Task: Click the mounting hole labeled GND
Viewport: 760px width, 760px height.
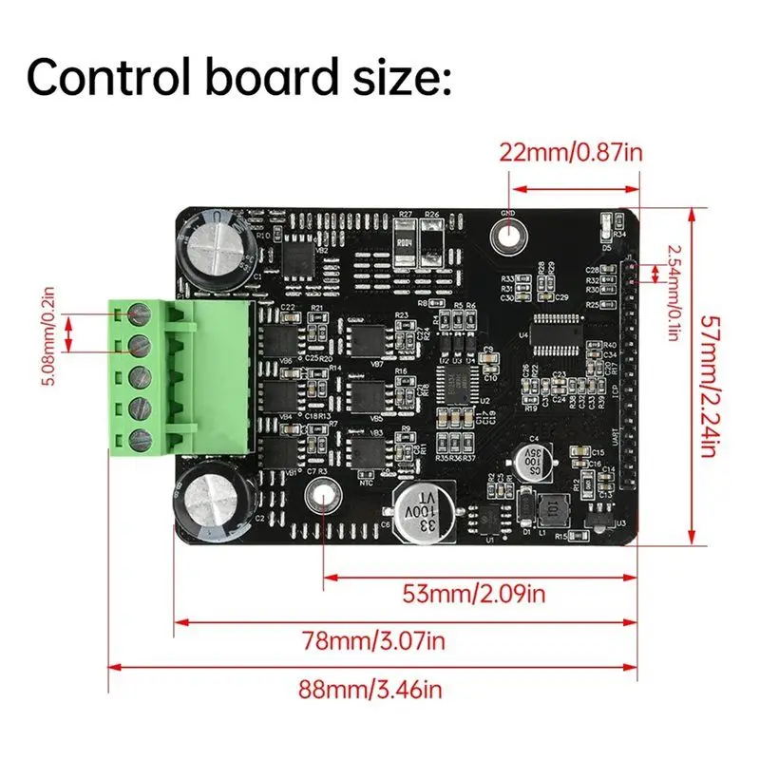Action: point(507,234)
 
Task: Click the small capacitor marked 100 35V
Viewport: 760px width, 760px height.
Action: point(533,462)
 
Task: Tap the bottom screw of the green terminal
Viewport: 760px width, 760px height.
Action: point(142,438)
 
